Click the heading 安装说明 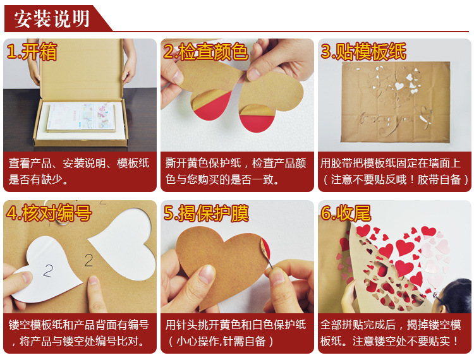(52, 19)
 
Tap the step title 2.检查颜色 (205, 52)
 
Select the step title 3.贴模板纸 (363, 51)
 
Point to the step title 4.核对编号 (49, 213)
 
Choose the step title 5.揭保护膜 (206, 213)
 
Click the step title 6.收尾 (346, 213)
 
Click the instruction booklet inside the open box (81, 117)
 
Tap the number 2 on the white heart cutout (48, 270)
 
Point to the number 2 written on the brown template (88, 260)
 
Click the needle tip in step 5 (272, 268)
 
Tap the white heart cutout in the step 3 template (399, 86)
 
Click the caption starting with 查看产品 (79, 171)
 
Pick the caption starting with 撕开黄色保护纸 (236, 171)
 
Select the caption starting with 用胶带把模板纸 (394, 171)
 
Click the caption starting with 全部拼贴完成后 (391, 333)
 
